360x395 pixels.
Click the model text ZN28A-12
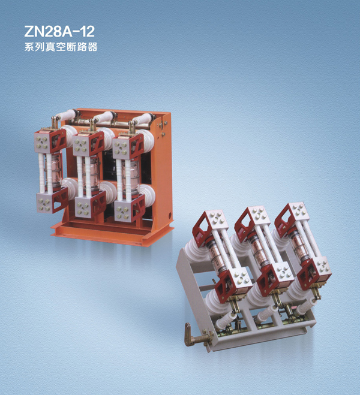coord(59,31)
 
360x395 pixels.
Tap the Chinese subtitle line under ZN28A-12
coord(61,47)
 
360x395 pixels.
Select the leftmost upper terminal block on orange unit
coord(50,141)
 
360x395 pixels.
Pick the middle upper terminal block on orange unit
coord(88,144)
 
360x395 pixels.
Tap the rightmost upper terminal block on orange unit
coord(128,147)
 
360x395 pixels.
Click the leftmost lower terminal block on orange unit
coord(52,201)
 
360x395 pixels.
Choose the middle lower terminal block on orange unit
coord(90,204)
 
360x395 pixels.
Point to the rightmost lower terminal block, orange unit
coord(130,209)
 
